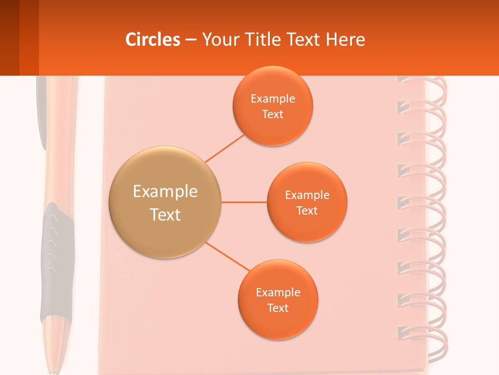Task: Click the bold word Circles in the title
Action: pyautogui.click(x=153, y=40)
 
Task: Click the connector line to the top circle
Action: pyautogui.click(x=225, y=148)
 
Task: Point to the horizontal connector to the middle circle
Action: pyautogui.click(x=244, y=202)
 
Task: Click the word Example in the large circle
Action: pyautogui.click(x=165, y=192)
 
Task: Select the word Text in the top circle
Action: pyautogui.click(x=272, y=114)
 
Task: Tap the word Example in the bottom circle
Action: pyautogui.click(x=278, y=292)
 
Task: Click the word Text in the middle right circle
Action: pyautogui.click(x=307, y=210)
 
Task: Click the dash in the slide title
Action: pyautogui.click(x=191, y=40)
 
